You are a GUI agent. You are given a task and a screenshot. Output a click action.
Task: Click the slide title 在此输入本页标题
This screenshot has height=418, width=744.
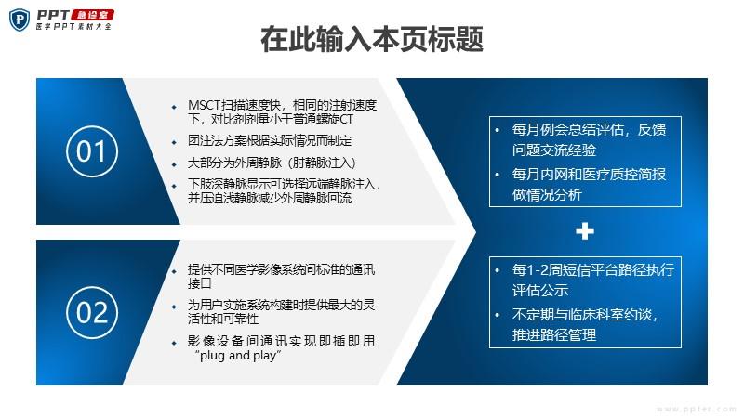pos(372,39)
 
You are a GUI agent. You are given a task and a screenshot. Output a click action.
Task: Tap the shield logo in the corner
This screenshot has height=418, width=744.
pos(20,20)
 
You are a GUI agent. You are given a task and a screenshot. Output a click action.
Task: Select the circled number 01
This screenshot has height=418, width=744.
pos(92,151)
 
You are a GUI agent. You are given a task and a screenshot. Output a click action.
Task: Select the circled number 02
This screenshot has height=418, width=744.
pos(92,312)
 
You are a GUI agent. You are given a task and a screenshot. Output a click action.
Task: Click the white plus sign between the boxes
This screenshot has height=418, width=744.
pos(585,231)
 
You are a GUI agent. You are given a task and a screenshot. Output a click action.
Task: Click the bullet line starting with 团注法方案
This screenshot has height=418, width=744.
pos(270,141)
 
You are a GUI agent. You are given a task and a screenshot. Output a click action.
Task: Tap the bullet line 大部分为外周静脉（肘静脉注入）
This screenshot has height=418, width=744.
pos(272,163)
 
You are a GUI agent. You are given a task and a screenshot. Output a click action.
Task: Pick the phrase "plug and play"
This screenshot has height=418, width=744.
pos(238,356)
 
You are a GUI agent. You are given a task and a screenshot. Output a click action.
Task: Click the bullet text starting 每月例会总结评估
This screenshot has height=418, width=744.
pos(589,140)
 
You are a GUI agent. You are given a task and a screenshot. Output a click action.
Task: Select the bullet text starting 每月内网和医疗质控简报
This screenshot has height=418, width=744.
pos(589,184)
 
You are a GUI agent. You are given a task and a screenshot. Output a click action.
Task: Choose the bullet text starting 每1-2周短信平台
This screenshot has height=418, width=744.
pos(593,281)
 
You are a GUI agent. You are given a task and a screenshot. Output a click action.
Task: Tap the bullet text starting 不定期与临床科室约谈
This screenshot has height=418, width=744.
pos(585,324)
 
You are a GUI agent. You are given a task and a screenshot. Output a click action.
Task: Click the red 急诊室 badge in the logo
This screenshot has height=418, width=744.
pos(92,15)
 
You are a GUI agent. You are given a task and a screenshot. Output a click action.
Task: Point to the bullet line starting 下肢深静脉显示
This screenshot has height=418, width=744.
pos(285,191)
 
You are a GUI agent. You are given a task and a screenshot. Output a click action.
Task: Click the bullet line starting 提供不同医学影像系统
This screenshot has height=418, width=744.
pos(282,276)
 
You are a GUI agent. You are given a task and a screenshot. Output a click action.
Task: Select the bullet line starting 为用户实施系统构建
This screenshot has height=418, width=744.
pos(282,311)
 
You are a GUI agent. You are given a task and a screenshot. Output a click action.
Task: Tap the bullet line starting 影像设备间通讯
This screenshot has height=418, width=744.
pos(282,347)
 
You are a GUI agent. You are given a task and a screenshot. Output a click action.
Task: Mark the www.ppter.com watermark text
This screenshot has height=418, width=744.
pos(696,409)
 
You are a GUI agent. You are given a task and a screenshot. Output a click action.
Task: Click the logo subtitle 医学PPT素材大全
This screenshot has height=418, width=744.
pos(73,27)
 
